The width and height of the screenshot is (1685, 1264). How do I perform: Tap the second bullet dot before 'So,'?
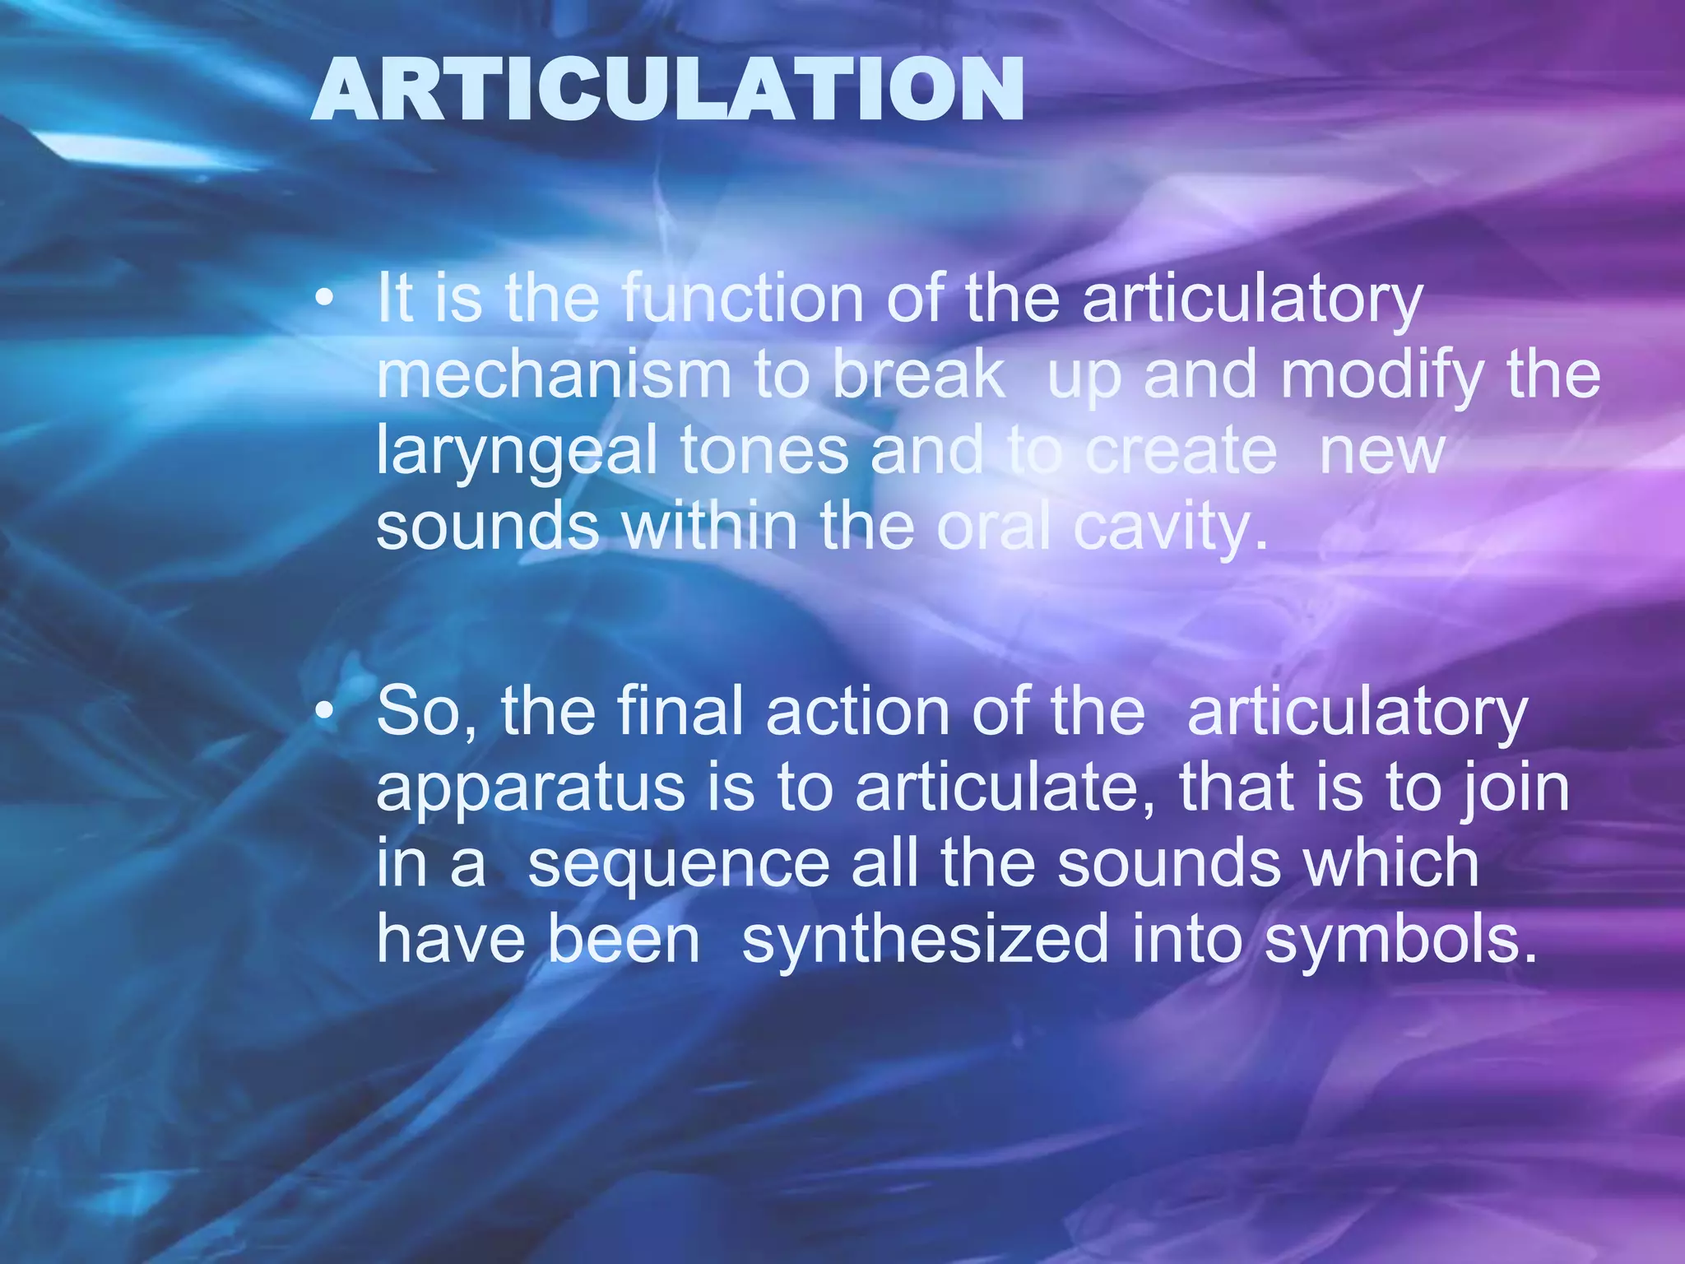point(326,712)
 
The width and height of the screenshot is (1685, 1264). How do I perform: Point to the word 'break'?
point(918,375)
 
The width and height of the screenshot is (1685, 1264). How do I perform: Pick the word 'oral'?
point(994,527)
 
